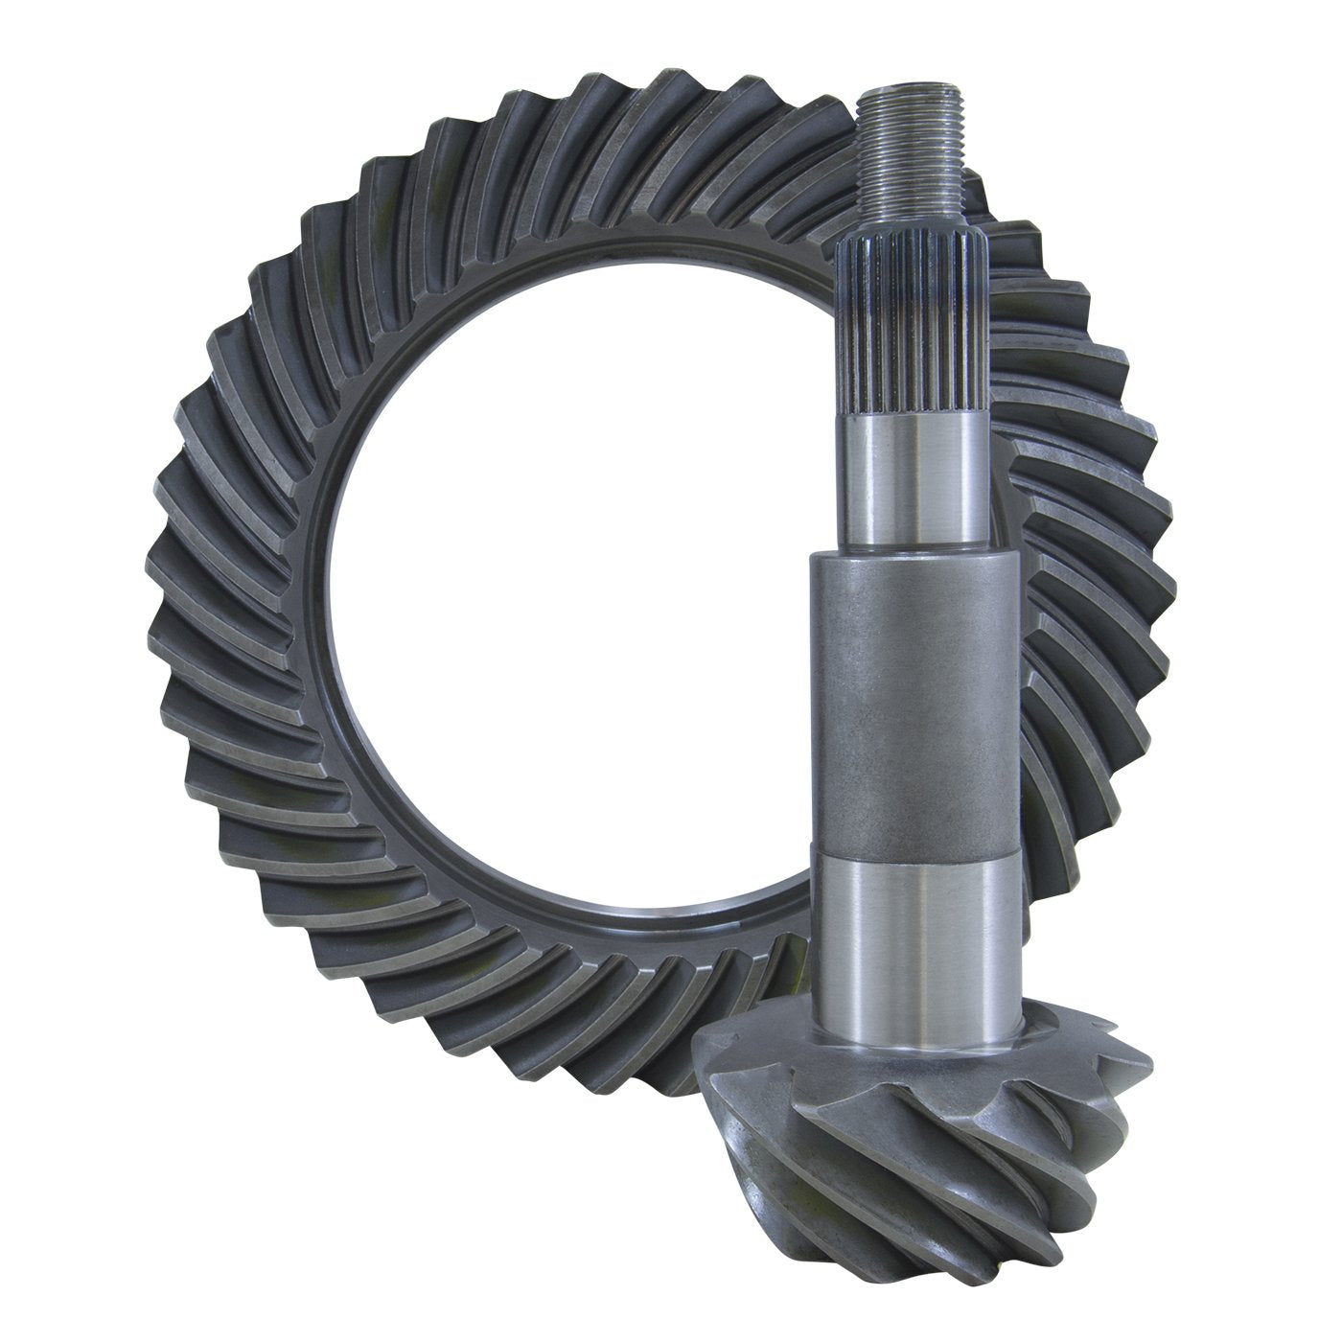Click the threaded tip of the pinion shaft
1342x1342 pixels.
click(914, 153)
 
